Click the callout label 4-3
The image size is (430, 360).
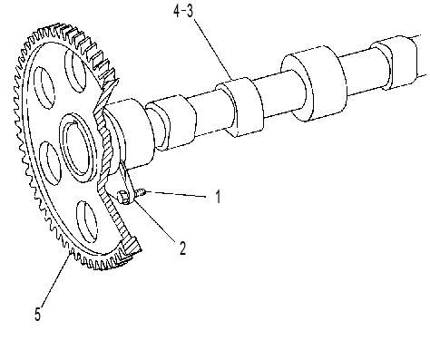click(183, 12)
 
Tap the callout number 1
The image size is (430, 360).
click(219, 197)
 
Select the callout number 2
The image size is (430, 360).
click(182, 248)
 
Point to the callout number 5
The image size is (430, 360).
click(37, 314)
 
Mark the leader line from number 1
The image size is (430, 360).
click(176, 194)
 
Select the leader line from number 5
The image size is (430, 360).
click(56, 280)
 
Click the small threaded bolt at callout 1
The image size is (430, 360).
click(140, 193)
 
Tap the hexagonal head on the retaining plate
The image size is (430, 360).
click(123, 197)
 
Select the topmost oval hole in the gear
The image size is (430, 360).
click(75, 70)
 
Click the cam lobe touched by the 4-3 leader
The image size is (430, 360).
click(239, 107)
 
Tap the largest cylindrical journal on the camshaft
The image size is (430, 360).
click(313, 83)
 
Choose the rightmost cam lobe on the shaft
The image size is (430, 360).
click(394, 63)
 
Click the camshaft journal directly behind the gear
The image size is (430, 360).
click(130, 134)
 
